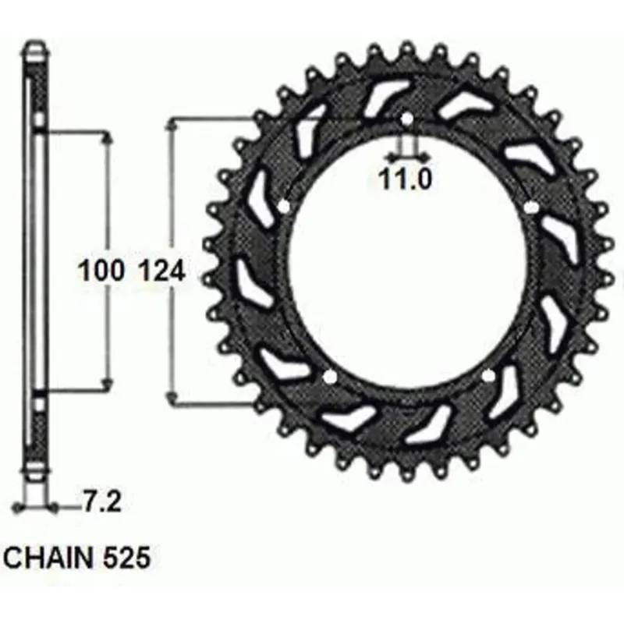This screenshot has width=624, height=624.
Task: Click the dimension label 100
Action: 101,270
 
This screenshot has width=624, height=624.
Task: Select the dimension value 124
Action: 163,270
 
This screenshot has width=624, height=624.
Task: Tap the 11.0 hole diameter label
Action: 405,179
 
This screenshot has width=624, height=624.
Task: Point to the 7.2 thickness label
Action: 101,502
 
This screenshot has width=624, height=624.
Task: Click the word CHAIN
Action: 48,558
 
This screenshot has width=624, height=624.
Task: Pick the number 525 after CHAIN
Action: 126,558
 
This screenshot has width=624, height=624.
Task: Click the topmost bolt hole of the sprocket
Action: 406,119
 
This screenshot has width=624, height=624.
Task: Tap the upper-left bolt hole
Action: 284,207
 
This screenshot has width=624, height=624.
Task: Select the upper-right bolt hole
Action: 531,207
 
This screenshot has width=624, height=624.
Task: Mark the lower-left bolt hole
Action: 330,377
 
